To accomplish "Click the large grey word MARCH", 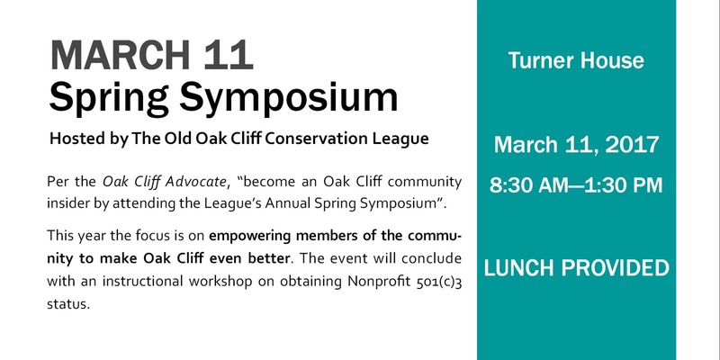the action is point(120,56).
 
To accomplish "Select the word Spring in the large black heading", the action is point(109,100).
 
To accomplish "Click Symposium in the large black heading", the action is point(288,100).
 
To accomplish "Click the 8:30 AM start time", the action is point(530,185).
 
